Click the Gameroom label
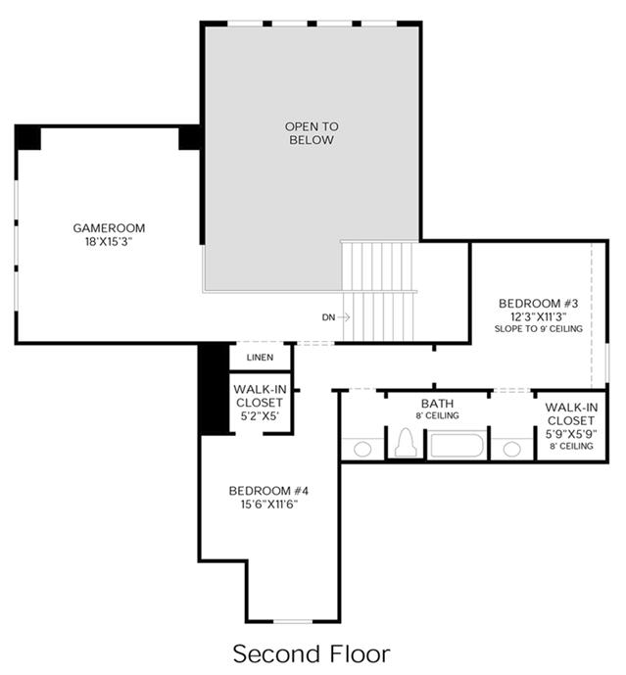(109, 227)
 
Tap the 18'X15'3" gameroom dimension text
(109, 242)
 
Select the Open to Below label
(312, 133)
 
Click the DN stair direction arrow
(344, 317)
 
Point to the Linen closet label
(260, 358)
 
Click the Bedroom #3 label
(539, 303)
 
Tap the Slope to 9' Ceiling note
(539, 328)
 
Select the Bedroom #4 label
(268, 491)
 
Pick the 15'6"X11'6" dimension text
(269, 505)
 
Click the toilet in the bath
(406, 443)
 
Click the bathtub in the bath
(457, 446)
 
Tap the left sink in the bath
(362, 449)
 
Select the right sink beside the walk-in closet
(512, 449)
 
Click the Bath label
(438, 404)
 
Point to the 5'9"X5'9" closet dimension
(571, 434)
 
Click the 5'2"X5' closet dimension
(260, 415)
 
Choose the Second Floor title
(312, 653)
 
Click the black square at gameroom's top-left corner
(28, 138)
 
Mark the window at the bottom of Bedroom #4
(293, 622)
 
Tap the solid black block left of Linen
(214, 389)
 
